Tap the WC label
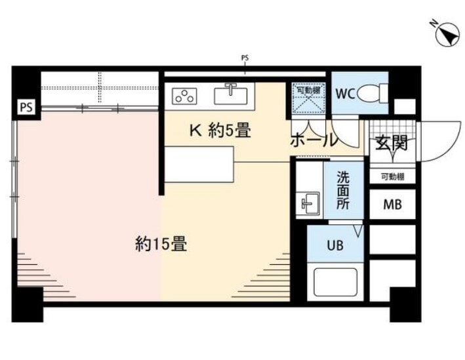[x=345, y=94]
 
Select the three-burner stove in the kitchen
[x=184, y=96]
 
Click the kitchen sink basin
[x=231, y=96]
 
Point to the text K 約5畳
[x=220, y=130]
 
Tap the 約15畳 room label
[x=161, y=244]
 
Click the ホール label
[x=313, y=140]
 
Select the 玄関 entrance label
[x=392, y=143]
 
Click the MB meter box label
[x=392, y=205]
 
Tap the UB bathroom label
[x=335, y=245]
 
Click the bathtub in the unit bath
[x=335, y=282]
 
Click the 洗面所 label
[x=343, y=190]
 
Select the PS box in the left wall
[x=26, y=108]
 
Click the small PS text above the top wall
[x=245, y=58]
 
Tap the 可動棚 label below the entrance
[x=392, y=177]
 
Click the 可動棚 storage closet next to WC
[x=308, y=98]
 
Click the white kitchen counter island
[x=199, y=164]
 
